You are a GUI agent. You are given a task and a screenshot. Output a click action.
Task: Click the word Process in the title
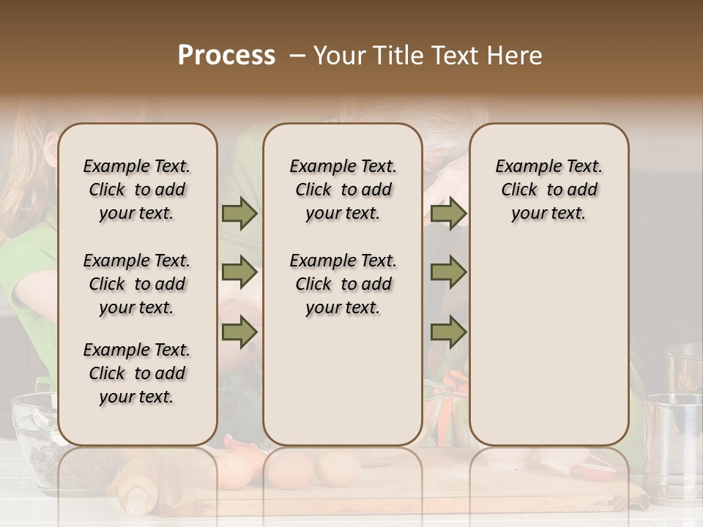[226, 56]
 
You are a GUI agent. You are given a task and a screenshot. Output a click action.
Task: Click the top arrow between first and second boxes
[239, 214]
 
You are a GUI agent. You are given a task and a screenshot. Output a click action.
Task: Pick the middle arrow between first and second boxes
[239, 273]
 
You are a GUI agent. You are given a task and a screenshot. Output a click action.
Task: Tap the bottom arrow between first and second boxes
[239, 332]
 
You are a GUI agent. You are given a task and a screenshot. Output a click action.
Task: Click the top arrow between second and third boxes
[448, 214]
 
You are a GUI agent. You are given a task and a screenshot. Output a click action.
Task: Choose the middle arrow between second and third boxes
[448, 273]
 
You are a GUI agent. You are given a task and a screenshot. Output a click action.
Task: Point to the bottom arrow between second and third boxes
[448, 332]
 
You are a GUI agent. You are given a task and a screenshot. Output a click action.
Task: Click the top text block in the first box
[137, 190]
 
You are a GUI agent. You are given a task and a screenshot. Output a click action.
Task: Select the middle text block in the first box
[137, 284]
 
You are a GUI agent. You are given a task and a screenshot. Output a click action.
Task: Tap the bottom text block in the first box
[137, 373]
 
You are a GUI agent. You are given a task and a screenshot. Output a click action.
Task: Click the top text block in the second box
[343, 190]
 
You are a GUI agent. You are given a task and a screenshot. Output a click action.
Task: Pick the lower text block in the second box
[343, 284]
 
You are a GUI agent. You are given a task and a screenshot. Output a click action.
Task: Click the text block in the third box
[548, 190]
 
